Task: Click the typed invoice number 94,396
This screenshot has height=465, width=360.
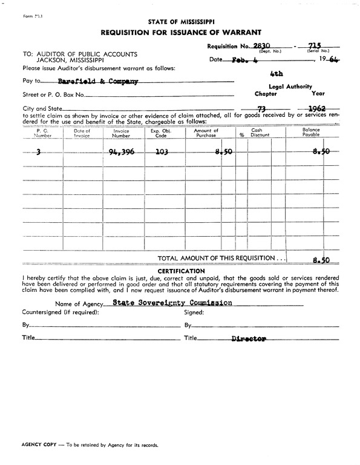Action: [122, 152]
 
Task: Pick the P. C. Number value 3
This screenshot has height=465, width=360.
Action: [39, 152]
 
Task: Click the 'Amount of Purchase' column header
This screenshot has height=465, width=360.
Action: [206, 133]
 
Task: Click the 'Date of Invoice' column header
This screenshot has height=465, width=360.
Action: [82, 133]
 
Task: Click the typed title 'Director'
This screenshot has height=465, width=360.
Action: [249, 340]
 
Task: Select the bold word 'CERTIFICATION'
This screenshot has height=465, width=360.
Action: [180, 271]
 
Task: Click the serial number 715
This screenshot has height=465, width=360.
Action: [314, 45]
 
